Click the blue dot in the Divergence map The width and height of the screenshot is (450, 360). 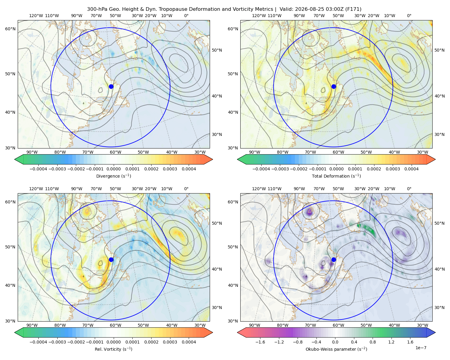pos(111,86)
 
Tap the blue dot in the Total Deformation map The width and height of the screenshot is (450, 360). pos(334,86)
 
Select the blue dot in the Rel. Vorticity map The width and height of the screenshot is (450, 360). pos(111,259)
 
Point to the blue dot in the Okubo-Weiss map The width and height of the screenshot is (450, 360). pos(334,259)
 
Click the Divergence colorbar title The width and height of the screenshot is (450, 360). pos(113,176)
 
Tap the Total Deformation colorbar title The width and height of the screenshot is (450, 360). pos(336,176)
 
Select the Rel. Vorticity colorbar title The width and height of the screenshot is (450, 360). pos(113,349)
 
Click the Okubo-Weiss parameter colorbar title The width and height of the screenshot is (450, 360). pos(336,349)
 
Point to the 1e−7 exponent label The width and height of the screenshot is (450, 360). pos(421,348)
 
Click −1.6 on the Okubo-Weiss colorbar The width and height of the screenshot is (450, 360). pos(260,342)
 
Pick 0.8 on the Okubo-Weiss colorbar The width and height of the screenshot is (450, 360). pos(373,342)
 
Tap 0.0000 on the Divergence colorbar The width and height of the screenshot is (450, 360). pos(113,169)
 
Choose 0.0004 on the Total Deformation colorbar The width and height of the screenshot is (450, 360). pos(411,169)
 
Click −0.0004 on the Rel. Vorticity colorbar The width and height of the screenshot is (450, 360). pos(38,342)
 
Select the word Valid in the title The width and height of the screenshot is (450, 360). pos(285,9)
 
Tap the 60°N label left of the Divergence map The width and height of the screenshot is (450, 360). pos(10,29)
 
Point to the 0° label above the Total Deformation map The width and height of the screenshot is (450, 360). pos(409,16)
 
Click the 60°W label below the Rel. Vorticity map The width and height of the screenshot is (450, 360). pos(115,325)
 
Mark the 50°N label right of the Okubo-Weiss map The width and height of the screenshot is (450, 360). pos(439,223)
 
